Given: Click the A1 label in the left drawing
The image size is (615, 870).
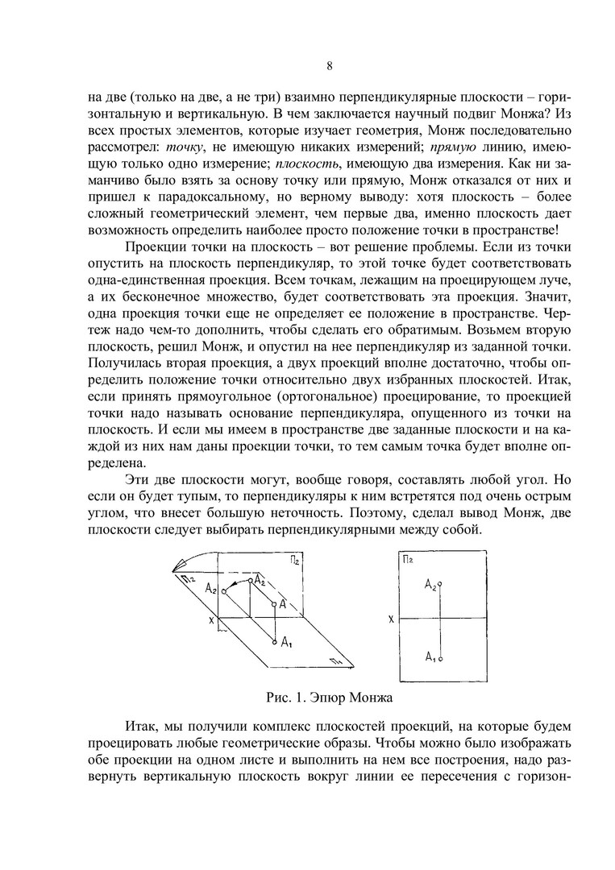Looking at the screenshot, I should click(x=287, y=641).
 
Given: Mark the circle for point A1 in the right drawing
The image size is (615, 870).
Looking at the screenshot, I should click(x=439, y=657).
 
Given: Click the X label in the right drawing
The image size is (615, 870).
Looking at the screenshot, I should click(x=390, y=619).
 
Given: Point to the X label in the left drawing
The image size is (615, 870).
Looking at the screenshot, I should click(x=211, y=619).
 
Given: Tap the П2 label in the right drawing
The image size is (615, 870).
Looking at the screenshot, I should click(x=407, y=559).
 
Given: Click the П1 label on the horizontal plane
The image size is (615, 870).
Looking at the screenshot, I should click(x=335, y=661).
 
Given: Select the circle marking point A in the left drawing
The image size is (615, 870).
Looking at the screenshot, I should click(x=274, y=604).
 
